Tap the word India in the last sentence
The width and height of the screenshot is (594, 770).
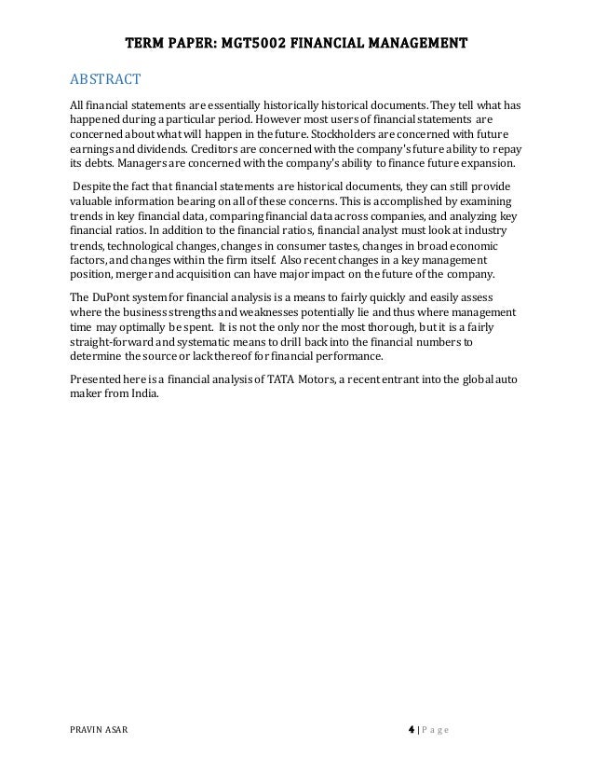[x=145, y=392]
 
